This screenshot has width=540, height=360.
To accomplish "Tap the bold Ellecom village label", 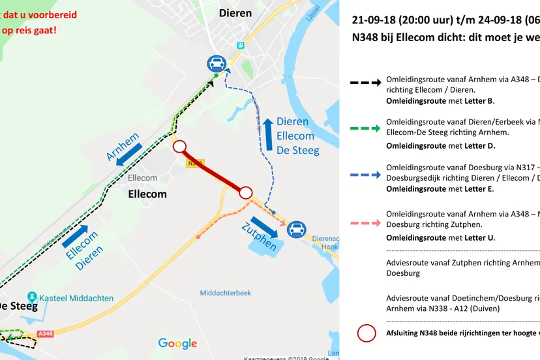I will pyautogui.click(x=147, y=194).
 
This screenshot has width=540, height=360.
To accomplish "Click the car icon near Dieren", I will pyautogui.click(x=217, y=63).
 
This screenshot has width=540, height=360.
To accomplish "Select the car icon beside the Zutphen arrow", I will pyautogui.click(x=297, y=228).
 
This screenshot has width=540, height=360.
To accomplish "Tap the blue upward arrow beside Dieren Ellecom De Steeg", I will pyautogui.click(x=267, y=135).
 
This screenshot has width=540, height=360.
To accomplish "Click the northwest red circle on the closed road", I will pyautogui.click(x=180, y=146).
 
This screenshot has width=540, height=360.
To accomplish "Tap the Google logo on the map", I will pyautogui.click(x=177, y=344).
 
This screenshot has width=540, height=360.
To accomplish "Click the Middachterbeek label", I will pyautogui.click(x=226, y=293).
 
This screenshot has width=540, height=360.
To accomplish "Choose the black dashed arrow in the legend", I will pyautogui.click(x=365, y=83).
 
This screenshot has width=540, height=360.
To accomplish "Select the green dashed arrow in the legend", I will pyautogui.click(x=365, y=128).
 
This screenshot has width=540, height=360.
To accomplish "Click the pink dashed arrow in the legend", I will pyautogui.click(x=365, y=222).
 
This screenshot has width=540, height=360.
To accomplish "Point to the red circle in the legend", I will pyautogui.click(x=367, y=333).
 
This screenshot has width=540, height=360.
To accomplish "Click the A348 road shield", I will pyautogui.click(x=45, y=333).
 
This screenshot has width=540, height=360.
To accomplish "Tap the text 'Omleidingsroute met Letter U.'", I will pyautogui.click(x=440, y=237).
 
